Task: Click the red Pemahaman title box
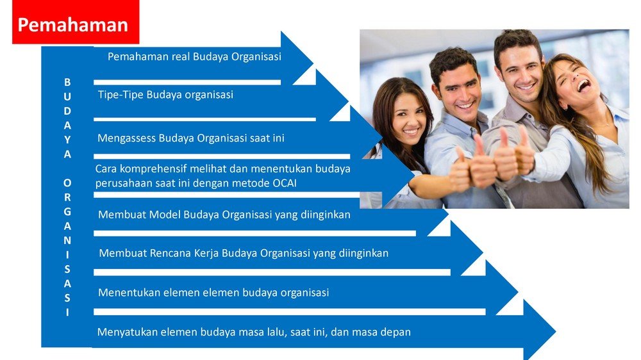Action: point(76,22)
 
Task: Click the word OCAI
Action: point(285,183)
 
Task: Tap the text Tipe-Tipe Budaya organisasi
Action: point(165,95)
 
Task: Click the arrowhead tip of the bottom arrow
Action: point(555,331)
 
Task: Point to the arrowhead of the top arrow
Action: point(297,58)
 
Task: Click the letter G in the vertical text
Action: point(67,212)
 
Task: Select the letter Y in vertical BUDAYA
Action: point(67,140)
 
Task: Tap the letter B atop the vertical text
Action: point(67,82)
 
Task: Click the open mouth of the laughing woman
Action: point(583,85)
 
